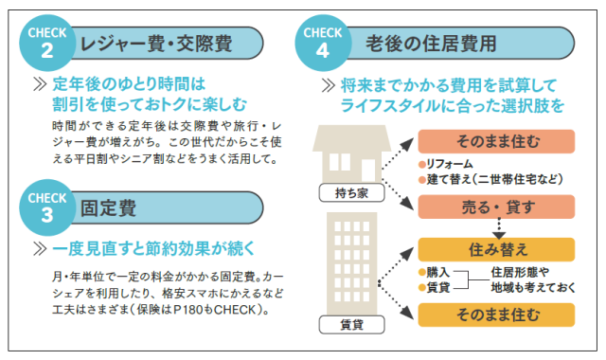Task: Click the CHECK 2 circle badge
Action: pos(46,43)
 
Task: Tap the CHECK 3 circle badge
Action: pos(46,207)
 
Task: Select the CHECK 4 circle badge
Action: pos(323,43)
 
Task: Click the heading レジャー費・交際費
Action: pos(156,44)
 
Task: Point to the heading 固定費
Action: pos(108,208)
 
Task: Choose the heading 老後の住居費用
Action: pos(431,44)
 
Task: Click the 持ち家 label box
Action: pos(351,192)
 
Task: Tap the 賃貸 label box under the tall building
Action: pos(351,324)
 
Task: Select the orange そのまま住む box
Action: pos(496,141)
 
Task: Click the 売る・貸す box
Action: pos(496,207)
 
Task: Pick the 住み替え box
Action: pos(496,249)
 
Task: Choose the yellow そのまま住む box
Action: pos(496,315)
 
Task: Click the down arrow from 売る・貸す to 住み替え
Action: pos(499,228)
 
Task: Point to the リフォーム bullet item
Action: pos(446,164)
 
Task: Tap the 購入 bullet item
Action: pos(435,272)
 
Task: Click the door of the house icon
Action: pos(368,171)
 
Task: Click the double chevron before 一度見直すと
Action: pos(40,249)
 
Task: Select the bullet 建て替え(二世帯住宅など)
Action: pos(490,179)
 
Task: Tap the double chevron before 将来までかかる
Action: pos(329,85)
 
